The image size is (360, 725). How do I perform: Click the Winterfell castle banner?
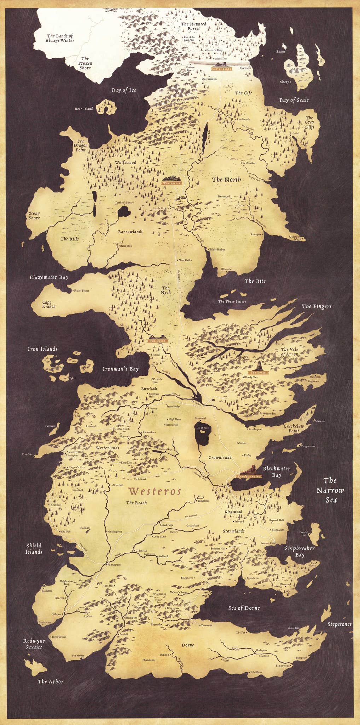point(172,183)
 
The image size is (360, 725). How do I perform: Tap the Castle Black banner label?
point(222,69)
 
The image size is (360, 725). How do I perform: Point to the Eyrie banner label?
point(259,372)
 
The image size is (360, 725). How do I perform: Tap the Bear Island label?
point(84,109)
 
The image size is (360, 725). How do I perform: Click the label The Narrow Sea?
point(330,490)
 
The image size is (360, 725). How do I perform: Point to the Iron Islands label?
point(42,349)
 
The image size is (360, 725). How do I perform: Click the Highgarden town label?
point(114,565)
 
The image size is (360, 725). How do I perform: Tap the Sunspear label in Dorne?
point(301,658)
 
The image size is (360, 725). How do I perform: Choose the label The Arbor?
point(51,681)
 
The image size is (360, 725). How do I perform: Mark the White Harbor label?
point(217,249)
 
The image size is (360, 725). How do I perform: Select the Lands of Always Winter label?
point(60,38)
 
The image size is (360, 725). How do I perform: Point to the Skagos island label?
point(285,82)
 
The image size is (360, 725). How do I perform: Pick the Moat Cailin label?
point(185,260)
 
